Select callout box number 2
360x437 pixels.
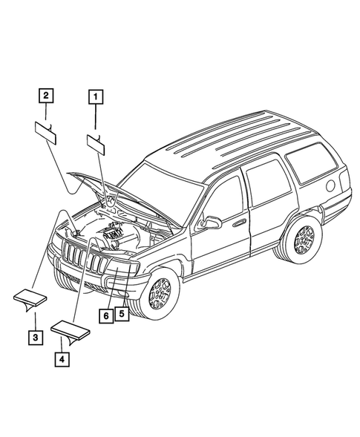[x=46, y=95]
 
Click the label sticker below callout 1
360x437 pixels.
[x=98, y=141]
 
